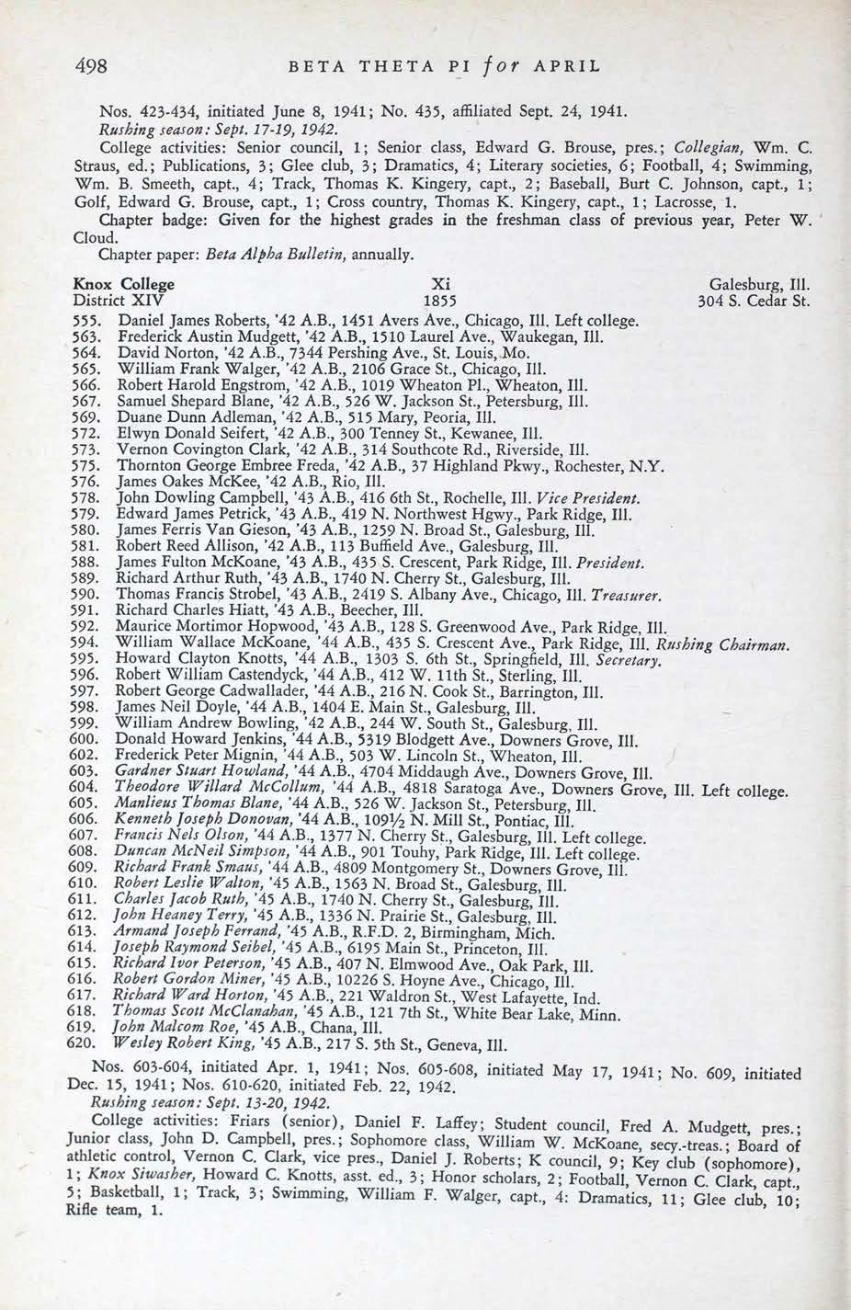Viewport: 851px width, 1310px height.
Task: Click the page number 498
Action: tap(91, 65)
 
